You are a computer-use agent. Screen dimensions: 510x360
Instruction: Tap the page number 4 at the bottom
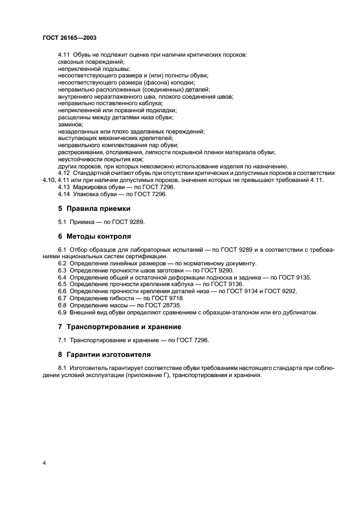coord(44,463)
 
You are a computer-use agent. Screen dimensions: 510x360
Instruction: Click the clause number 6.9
coord(63,312)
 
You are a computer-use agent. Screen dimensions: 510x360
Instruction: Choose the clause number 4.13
coord(64,187)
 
